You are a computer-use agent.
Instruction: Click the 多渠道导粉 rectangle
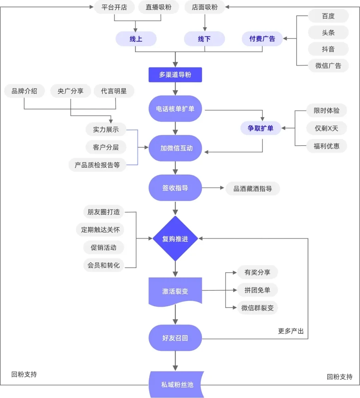pos(175,75)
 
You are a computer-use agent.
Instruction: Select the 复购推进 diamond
pos(175,238)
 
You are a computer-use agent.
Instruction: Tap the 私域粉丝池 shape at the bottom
pos(177,384)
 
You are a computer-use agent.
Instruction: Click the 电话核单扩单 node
pos(175,109)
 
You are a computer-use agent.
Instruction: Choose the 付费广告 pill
pos(262,39)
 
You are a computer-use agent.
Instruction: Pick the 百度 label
pos(328,16)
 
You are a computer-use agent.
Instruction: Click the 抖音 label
pos(328,49)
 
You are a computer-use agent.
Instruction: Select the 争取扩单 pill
pos(260,128)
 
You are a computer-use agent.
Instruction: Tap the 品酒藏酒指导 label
pos(252,189)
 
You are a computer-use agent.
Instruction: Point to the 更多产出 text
pos(291,331)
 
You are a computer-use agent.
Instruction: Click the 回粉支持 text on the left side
pos(24,374)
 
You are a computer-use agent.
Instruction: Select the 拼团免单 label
pos(257,290)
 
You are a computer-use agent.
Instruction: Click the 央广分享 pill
pos(70,91)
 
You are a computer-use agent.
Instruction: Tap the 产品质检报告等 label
pos(97,165)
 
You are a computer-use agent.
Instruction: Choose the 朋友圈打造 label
pos(103,212)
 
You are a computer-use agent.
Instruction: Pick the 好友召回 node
pos(175,338)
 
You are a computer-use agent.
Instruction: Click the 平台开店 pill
pos(114,7)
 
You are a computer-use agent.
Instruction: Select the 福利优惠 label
pos(326,146)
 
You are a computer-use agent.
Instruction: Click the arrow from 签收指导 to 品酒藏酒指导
pos(213,188)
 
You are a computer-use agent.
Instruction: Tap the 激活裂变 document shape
pos(175,291)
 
